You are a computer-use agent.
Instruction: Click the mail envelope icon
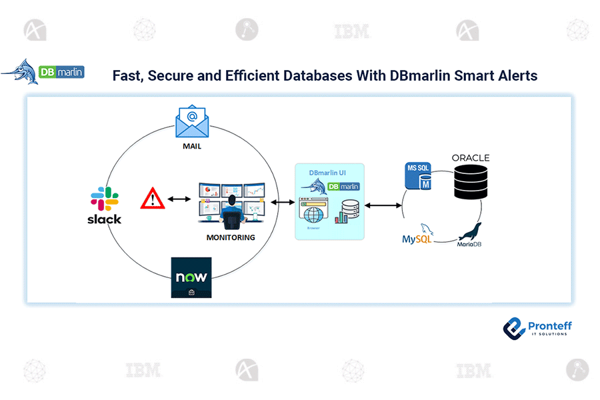click(x=191, y=121)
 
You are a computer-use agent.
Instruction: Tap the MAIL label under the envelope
click(x=191, y=146)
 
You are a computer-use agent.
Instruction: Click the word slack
click(x=104, y=219)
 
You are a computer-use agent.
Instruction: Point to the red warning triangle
click(x=153, y=198)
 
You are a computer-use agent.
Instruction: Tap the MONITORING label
click(x=230, y=237)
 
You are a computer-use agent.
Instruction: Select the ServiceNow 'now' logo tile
click(x=191, y=277)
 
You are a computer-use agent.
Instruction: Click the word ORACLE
click(x=471, y=158)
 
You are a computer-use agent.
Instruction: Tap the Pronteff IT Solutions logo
click(x=537, y=327)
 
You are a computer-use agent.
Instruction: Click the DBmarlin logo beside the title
click(x=43, y=71)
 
